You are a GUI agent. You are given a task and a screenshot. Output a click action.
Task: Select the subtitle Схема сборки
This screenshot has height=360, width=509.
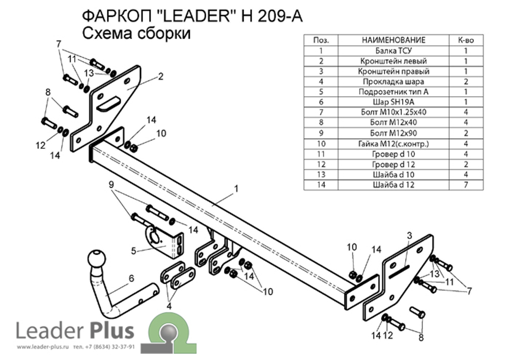136,34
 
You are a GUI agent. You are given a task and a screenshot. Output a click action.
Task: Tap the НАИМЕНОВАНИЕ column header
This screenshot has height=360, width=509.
393,40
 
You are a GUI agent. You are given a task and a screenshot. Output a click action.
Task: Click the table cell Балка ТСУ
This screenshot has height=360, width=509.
393,50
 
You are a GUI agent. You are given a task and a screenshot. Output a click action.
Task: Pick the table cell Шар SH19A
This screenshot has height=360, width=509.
393,102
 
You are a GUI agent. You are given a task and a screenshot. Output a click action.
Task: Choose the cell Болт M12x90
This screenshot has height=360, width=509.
393,133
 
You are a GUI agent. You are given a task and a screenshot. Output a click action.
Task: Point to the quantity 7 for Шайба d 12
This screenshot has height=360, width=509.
466,185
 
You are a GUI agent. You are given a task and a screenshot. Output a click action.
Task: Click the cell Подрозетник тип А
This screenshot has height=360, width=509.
393,92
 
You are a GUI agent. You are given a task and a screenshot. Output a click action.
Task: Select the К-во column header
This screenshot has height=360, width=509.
466,40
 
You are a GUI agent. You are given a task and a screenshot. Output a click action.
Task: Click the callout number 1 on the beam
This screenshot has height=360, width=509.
236,189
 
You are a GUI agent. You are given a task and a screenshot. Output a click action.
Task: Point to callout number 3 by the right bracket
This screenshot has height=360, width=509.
408,235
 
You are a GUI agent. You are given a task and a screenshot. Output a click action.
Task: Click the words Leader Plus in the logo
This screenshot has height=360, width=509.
75,331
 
